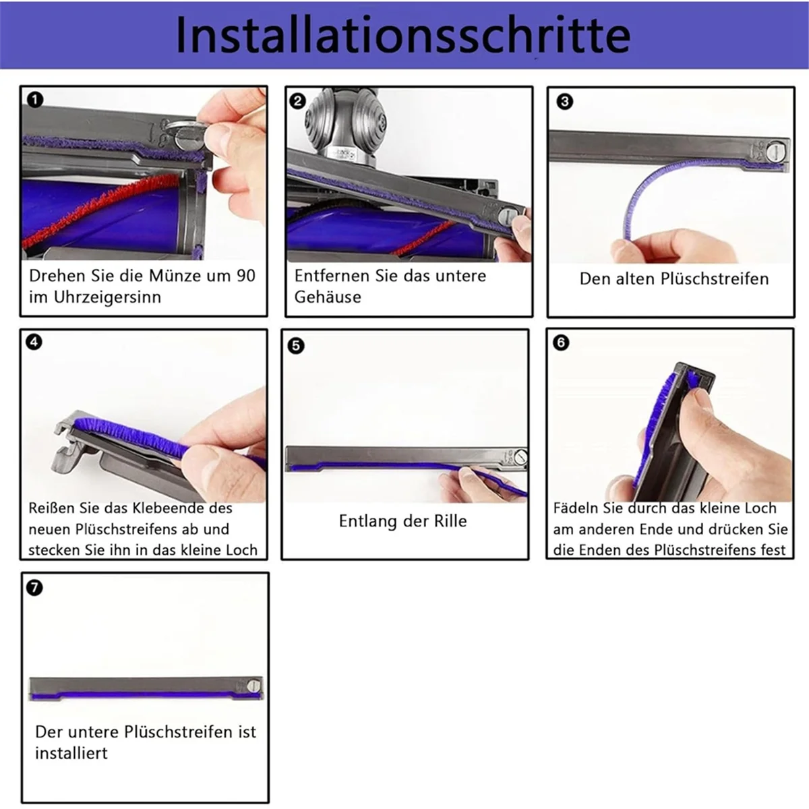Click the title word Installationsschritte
click(x=403, y=34)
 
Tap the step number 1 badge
click(x=35, y=100)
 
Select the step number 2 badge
click(x=297, y=101)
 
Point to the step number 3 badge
click(x=565, y=102)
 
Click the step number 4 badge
click(x=34, y=342)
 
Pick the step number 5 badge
click(x=295, y=346)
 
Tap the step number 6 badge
click(x=561, y=342)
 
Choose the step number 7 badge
click(x=34, y=588)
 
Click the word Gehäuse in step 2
click(x=328, y=297)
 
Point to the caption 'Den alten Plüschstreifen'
click(x=673, y=279)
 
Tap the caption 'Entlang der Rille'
click(x=402, y=521)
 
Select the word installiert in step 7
click(x=71, y=753)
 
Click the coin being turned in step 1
click(x=181, y=129)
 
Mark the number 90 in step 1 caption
click(x=246, y=276)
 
